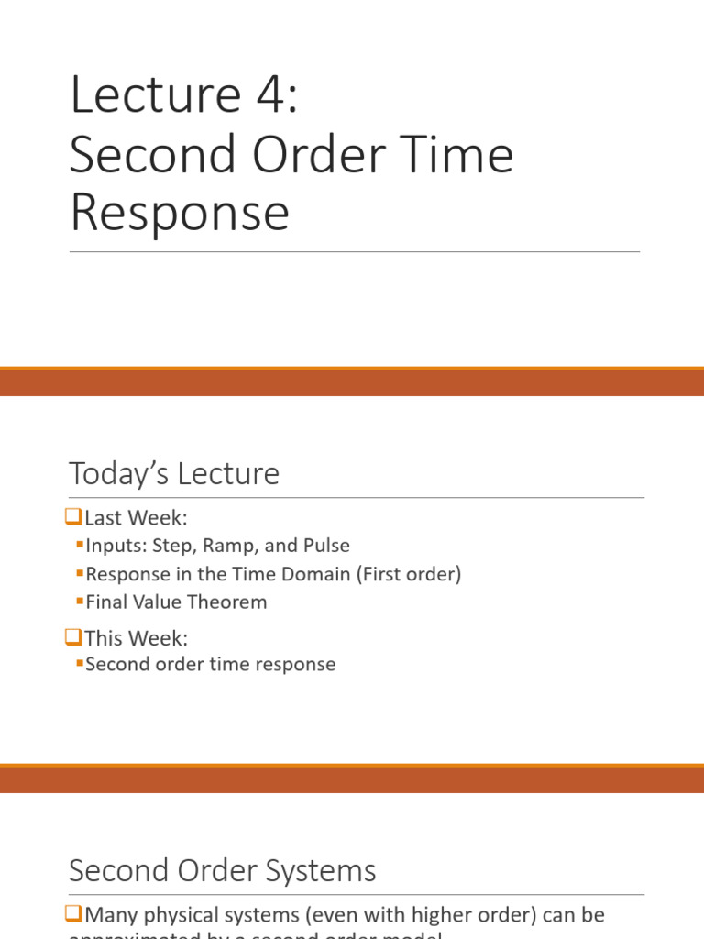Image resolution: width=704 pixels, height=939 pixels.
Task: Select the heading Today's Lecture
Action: pyautogui.click(x=174, y=474)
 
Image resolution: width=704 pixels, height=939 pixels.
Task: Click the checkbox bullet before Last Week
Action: pyautogui.click(x=74, y=517)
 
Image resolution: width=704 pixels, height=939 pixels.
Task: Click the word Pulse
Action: pyautogui.click(x=324, y=546)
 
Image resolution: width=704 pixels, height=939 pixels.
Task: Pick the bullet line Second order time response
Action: pyautogui.click(x=210, y=664)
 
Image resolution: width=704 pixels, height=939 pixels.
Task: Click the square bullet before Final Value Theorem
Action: pyautogui.click(x=80, y=602)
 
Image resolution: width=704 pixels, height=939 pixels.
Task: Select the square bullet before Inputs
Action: pyautogui.click(x=80, y=545)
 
